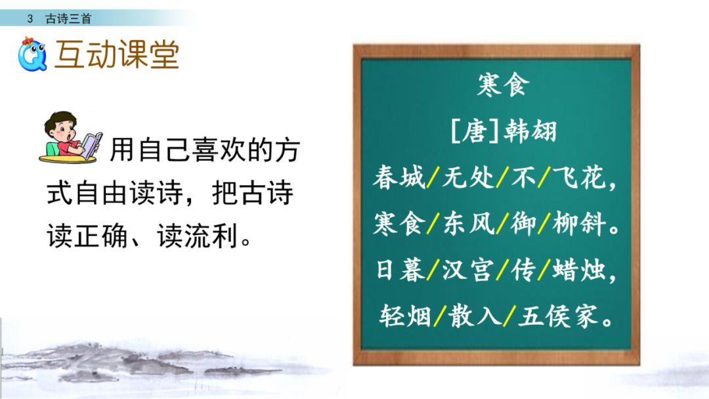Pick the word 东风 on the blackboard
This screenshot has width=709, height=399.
tap(468, 224)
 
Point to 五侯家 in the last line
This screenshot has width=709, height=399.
tap(558, 318)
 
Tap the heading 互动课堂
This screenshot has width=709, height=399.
tap(117, 54)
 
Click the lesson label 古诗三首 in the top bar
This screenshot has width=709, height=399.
tap(68, 19)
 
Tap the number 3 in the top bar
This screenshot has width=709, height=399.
tap(30, 19)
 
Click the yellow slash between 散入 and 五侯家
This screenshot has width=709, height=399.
tap(507, 318)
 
